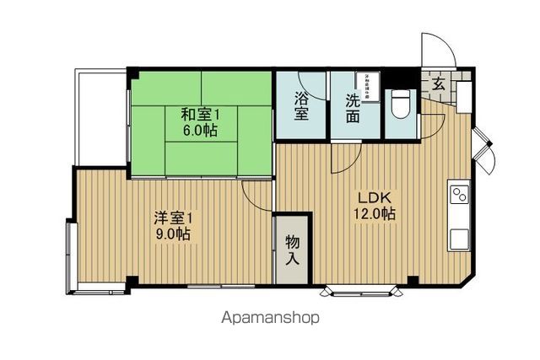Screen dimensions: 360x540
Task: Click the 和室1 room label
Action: click(x=201, y=113)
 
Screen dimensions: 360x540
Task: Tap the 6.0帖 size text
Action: click(x=201, y=131)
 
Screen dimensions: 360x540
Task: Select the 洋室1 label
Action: click(x=173, y=217)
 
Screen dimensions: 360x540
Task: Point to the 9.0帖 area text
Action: click(x=171, y=234)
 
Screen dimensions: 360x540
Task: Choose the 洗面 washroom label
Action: click(x=354, y=107)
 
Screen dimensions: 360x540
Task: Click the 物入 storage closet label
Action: click(x=292, y=249)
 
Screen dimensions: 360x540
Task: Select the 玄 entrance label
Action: click(x=440, y=84)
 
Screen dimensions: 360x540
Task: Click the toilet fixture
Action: click(x=400, y=104)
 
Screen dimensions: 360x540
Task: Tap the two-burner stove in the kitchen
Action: click(x=459, y=195)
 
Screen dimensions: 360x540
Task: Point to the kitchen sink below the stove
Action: click(x=459, y=237)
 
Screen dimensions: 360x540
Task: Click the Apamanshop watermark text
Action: click(x=270, y=319)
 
